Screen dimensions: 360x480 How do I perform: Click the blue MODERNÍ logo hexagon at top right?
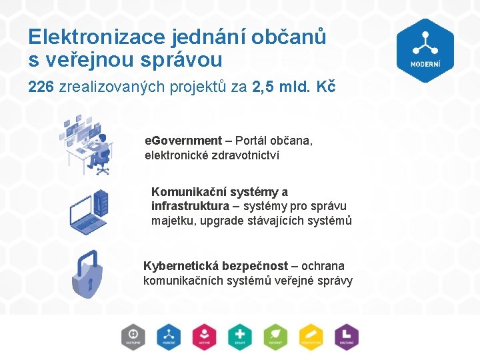point(425,50)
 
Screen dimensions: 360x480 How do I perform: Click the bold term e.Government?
point(183,141)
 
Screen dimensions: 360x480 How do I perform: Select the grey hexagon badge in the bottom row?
point(133,337)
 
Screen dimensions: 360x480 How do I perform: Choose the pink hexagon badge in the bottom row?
point(204,337)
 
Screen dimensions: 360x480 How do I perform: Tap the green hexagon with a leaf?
point(275,337)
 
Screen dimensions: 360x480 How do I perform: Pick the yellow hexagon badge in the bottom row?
point(311,337)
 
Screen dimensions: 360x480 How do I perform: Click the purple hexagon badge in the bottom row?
point(347,337)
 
